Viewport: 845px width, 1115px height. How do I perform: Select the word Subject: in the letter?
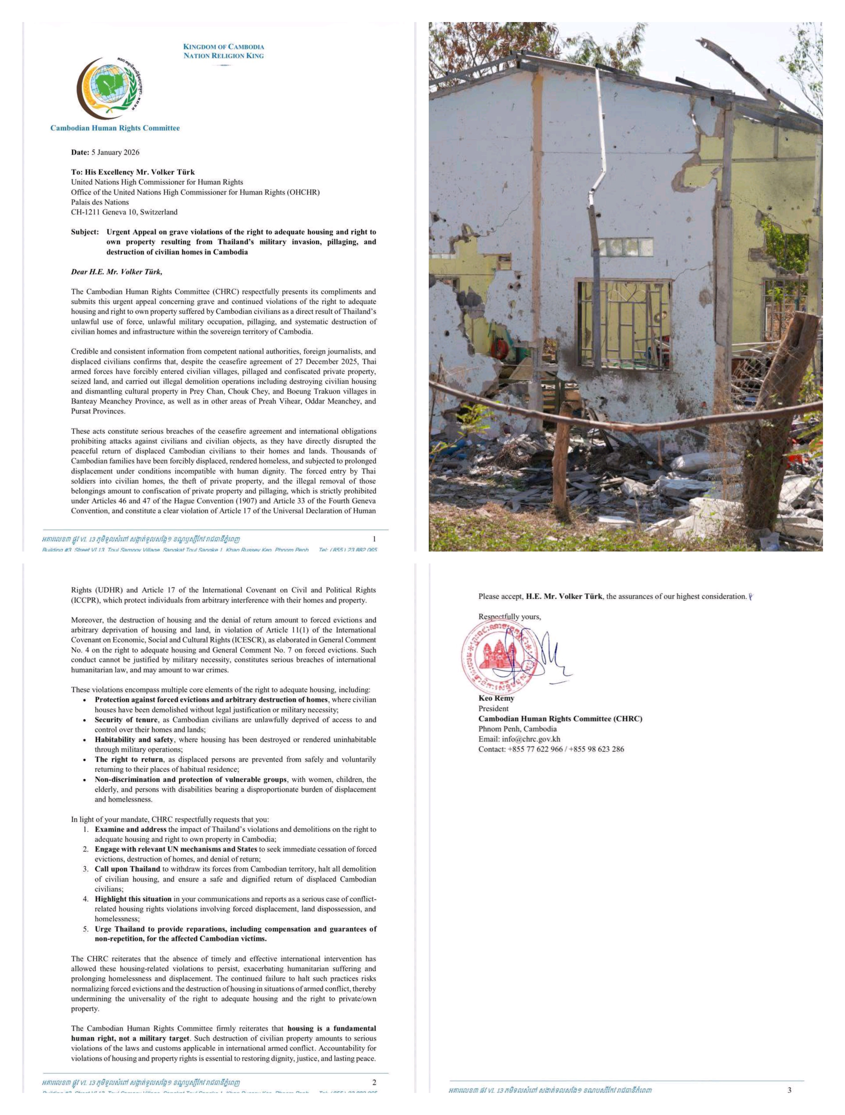(x=85, y=232)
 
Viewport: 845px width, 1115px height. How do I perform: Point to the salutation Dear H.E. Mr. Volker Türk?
(x=116, y=272)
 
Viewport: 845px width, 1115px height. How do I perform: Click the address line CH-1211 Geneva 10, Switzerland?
(x=124, y=212)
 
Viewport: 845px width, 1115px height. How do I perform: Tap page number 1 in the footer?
(x=374, y=539)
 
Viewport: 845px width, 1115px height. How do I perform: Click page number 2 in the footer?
(x=374, y=1082)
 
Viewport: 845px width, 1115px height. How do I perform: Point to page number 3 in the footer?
(x=789, y=1090)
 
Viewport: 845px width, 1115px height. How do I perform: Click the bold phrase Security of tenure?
(x=126, y=720)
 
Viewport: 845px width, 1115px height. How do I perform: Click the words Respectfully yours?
(x=509, y=617)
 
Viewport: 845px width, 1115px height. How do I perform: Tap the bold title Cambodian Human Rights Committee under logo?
(x=115, y=128)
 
